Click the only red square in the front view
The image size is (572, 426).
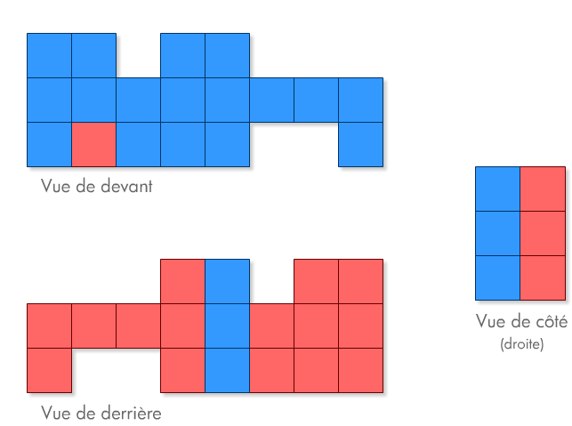(93, 144)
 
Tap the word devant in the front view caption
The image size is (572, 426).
(128, 188)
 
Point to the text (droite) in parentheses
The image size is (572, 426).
(522, 342)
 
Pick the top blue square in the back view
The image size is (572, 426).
(227, 281)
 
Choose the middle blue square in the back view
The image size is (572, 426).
(227, 326)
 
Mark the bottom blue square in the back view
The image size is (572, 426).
(227, 370)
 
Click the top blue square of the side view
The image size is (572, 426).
(497, 189)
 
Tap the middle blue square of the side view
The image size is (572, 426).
(497, 233)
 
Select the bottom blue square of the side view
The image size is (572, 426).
(497, 277)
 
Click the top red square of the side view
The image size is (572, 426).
(542, 189)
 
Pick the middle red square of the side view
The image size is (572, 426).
(542, 233)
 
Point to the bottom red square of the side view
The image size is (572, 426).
(542, 277)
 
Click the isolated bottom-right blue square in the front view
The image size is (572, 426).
(360, 144)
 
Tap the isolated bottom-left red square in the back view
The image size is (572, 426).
(49, 370)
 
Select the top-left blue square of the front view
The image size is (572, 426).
(49, 55)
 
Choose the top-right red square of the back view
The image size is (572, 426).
(360, 281)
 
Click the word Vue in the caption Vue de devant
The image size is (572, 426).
(55, 188)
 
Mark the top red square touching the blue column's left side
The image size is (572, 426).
(182, 281)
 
